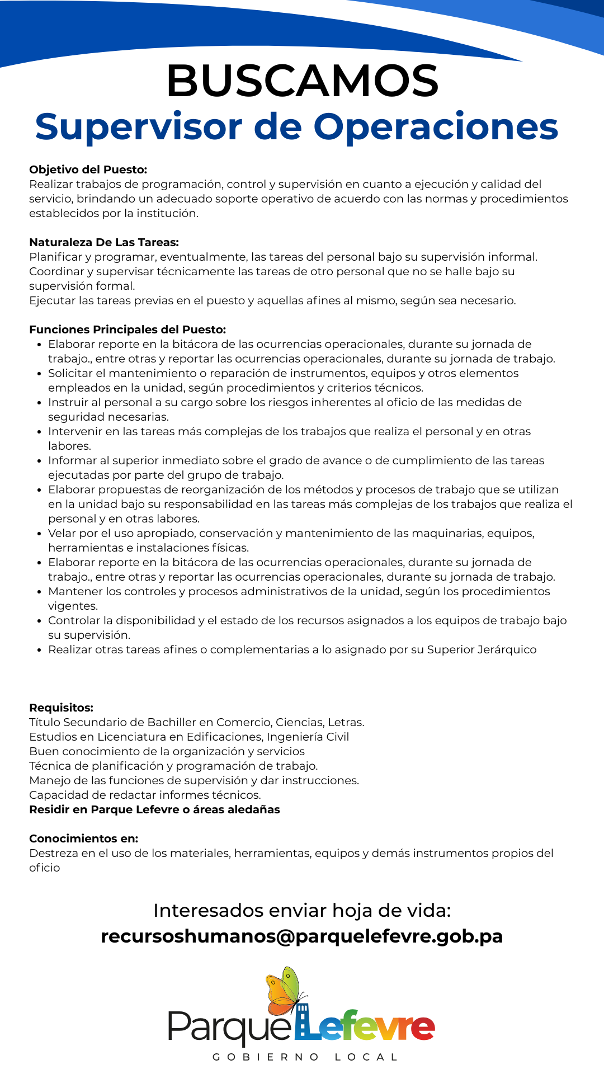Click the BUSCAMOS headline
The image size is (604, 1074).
point(302,81)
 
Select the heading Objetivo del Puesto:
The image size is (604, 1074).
point(88,169)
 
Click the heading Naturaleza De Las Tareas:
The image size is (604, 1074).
point(104,242)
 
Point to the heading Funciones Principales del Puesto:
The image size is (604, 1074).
point(128,329)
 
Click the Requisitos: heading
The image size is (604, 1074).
point(61,708)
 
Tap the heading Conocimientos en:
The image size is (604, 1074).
point(83,839)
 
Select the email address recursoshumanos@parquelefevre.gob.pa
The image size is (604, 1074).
point(302,936)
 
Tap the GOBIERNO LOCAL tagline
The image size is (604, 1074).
point(305,1057)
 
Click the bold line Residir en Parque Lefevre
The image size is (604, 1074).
point(154,809)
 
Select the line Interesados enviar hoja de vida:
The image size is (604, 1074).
point(302,910)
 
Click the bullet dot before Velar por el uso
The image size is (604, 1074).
point(39,534)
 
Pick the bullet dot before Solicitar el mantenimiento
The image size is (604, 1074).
point(39,374)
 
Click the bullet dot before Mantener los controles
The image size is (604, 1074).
point(39,592)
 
